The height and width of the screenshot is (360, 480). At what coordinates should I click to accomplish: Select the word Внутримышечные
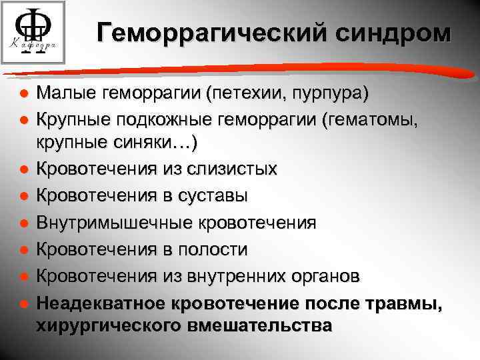(x=97, y=222)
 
